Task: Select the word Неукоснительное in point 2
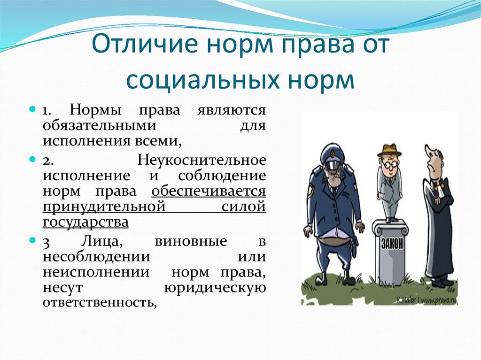[x=202, y=160]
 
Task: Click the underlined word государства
[x=85, y=222]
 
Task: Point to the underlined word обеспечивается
[x=209, y=191]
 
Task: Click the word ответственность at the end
[x=99, y=303]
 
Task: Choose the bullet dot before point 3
[x=33, y=240]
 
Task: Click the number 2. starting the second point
[x=47, y=161]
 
